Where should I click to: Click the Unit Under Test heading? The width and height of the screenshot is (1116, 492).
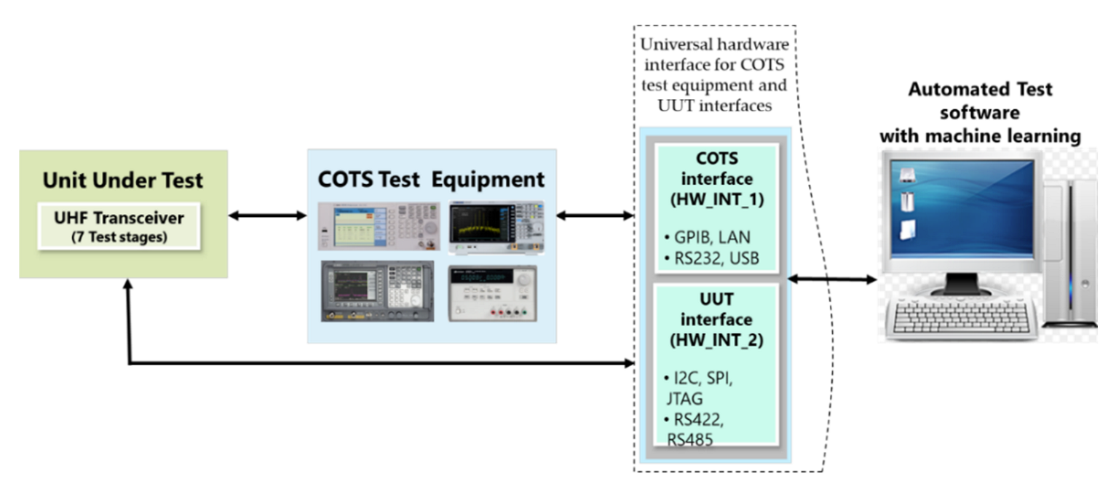122,180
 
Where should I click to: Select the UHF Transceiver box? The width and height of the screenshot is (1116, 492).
119,226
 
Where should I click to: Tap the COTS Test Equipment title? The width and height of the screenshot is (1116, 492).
431,179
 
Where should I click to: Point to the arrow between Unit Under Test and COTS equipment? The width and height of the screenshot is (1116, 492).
267,215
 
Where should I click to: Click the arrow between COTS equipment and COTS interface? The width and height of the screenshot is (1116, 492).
594,215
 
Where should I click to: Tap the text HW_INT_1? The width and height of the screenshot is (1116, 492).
717,201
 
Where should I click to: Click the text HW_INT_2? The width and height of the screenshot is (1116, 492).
717,340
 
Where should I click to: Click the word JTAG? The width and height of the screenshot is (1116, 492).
684,400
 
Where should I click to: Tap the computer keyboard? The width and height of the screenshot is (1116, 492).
959,318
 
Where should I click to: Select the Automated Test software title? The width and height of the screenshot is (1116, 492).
979,113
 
